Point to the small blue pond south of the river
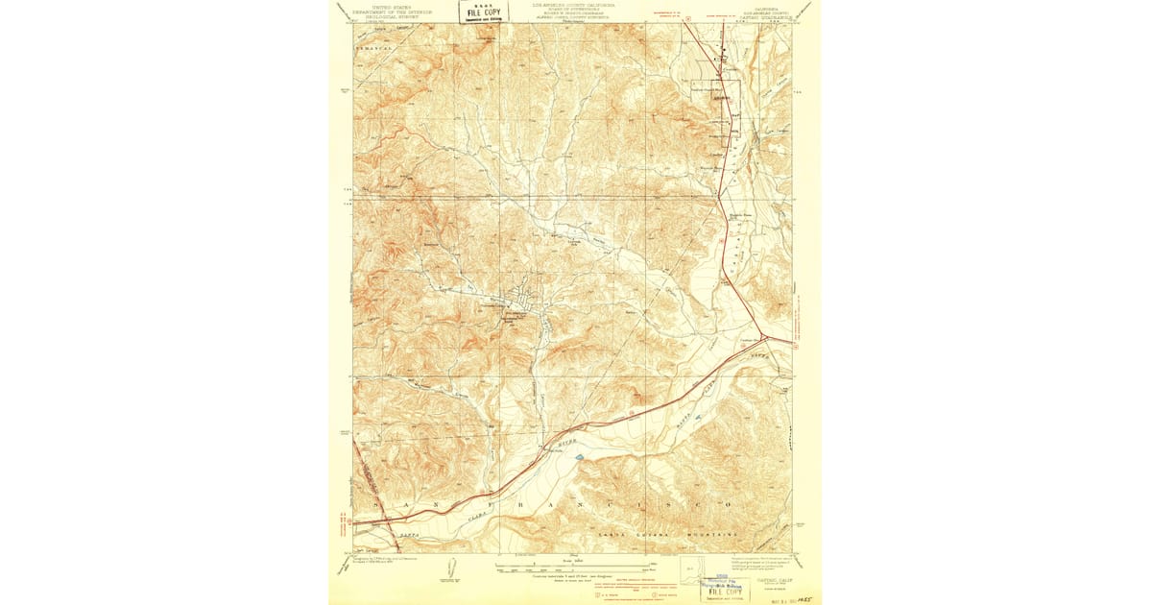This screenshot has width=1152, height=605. [x=580, y=458]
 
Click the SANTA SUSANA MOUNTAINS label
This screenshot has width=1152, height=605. [x=669, y=531]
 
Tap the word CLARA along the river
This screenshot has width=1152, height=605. [x=483, y=516]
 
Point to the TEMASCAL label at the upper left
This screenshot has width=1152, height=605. [x=368, y=46]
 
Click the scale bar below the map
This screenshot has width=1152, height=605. [x=573, y=566]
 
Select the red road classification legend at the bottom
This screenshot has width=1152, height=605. [x=574, y=587]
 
